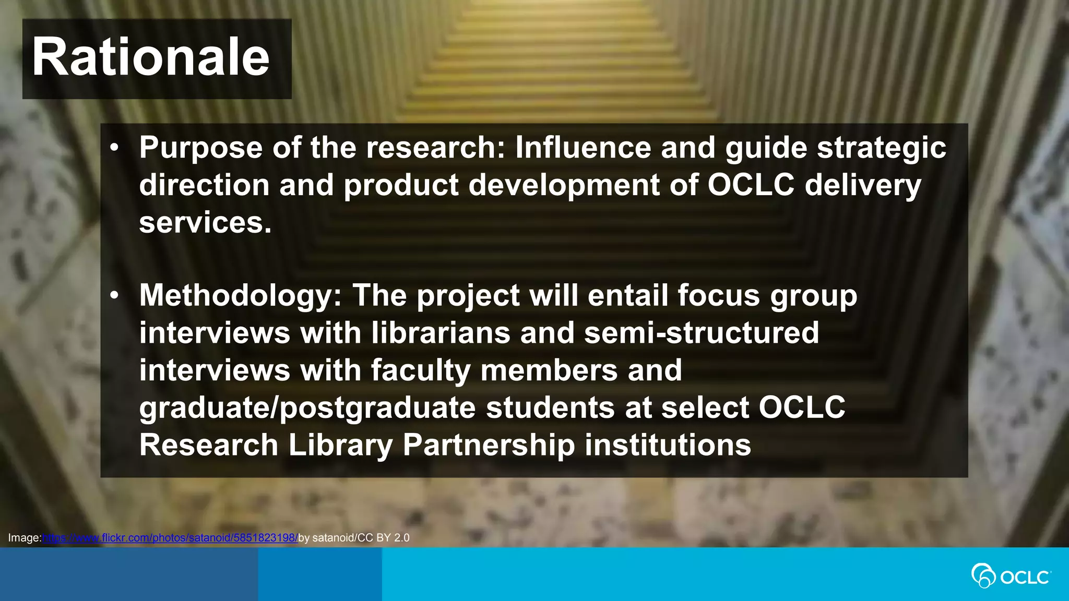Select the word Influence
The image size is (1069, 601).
click(x=583, y=147)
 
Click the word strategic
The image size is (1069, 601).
click(x=882, y=148)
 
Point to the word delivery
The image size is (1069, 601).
click(x=863, y=186)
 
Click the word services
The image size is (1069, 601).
click(x=205, y=222)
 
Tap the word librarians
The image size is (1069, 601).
click(x=441, y=333)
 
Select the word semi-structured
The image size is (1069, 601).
click(x=701, y=333)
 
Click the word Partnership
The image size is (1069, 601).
click(x=489, y=446)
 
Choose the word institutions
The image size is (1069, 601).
click(x=668, y=446)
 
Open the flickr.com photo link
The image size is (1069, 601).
click(x=170, y=538)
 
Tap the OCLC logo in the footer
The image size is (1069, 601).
click(x=1011, y=576)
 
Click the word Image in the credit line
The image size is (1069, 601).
click(x=23, y=538)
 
